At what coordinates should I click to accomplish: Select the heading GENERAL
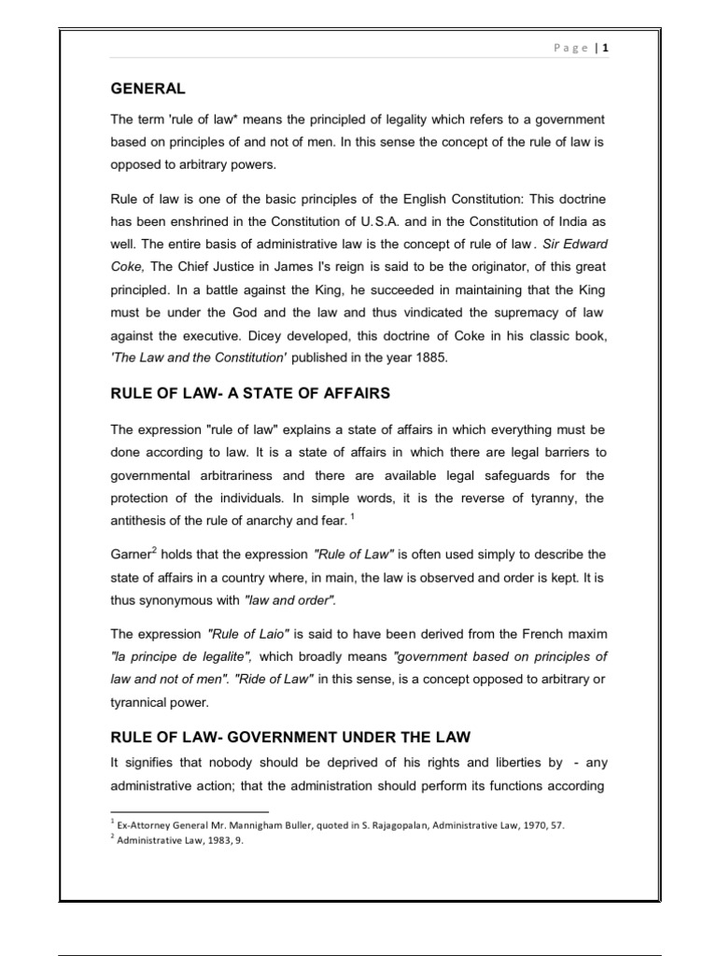pos(148,89)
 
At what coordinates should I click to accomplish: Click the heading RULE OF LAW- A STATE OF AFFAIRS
pos(249,394)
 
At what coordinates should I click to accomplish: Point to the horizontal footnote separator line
pos(190,812)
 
